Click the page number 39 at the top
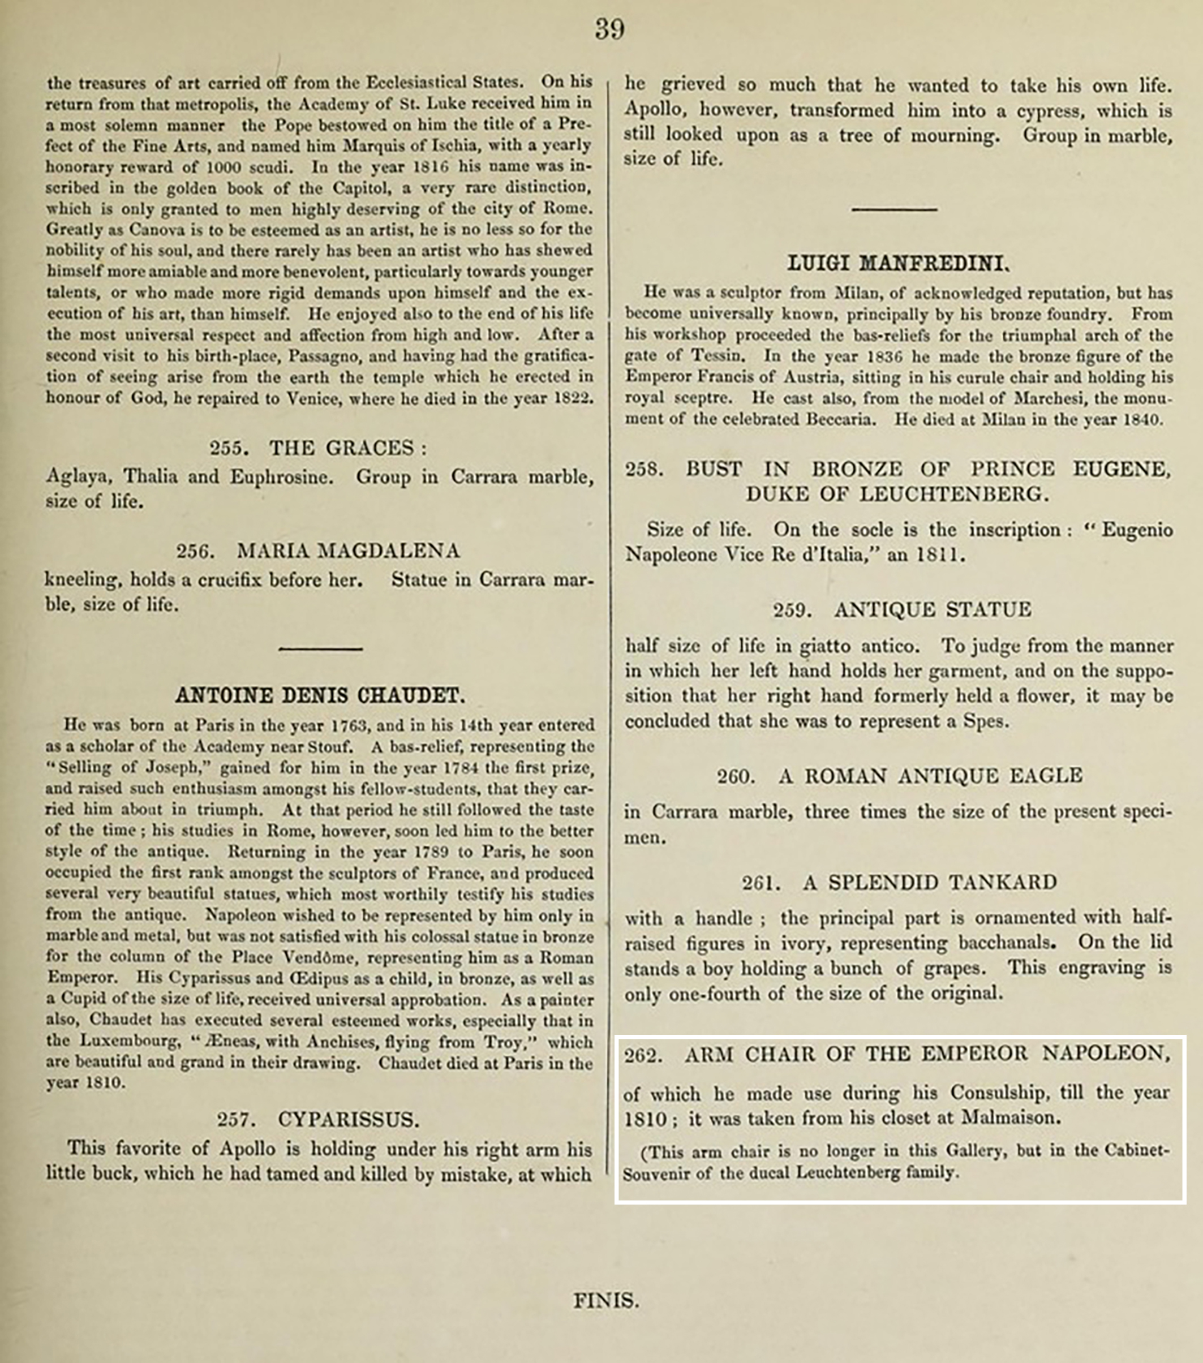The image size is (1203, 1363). pos(609,29)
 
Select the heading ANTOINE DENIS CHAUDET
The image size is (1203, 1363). pos(320,696)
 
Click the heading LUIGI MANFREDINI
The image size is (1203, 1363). pos(897,264)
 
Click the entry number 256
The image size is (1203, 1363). pos(195,552)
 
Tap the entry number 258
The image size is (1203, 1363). pos(644,470)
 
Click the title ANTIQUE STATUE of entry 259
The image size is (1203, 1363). pos(933,609)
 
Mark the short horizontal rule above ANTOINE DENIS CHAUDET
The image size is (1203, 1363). pos(320,648)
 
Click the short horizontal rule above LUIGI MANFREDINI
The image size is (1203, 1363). pos(894,210)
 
